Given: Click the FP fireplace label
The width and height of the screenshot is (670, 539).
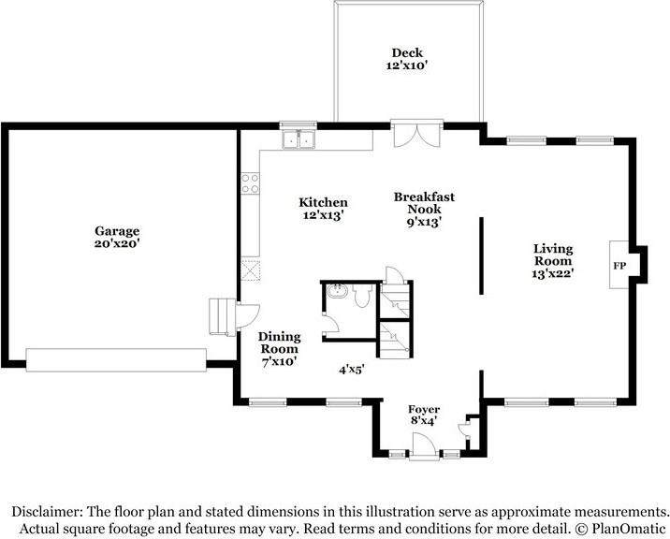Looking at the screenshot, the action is [x=619, y=266].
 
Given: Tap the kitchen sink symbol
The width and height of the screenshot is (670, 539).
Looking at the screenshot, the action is [x=299, y=138].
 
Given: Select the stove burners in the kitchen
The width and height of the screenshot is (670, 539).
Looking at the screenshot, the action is [x=251, y=183].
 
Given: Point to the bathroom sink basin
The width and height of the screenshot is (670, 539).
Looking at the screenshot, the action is [x=338, y=292].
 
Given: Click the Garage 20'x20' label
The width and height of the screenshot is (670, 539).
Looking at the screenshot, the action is [x=117, y=238].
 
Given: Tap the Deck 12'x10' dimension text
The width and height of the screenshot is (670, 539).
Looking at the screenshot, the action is [x=407, y=66].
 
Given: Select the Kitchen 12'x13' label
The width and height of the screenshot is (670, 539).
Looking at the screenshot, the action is [x=324, y=209].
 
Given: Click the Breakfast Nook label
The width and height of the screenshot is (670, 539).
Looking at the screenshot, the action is [x=424, y=203].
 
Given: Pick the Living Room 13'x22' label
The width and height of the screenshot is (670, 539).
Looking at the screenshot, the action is [x=553, y=261].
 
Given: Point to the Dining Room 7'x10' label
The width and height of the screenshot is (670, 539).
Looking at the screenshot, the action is [x=280, y=349].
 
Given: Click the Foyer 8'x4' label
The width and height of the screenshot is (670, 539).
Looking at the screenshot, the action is [x=424, y=415].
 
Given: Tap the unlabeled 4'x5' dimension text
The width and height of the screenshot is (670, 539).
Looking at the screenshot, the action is [x=352, y=370].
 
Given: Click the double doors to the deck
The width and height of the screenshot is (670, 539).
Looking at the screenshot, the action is [x=417, y=135].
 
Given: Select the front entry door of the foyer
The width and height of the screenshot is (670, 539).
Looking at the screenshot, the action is [x=424, y=446].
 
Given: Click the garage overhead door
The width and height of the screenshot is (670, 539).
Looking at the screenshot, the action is [x=116, y=360].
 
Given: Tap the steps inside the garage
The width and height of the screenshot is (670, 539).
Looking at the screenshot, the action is [x=223, y=317].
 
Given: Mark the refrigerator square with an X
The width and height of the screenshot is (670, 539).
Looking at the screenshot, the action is [x=251, y=269].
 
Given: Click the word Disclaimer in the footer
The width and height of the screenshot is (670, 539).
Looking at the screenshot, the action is [x=47, y=512].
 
